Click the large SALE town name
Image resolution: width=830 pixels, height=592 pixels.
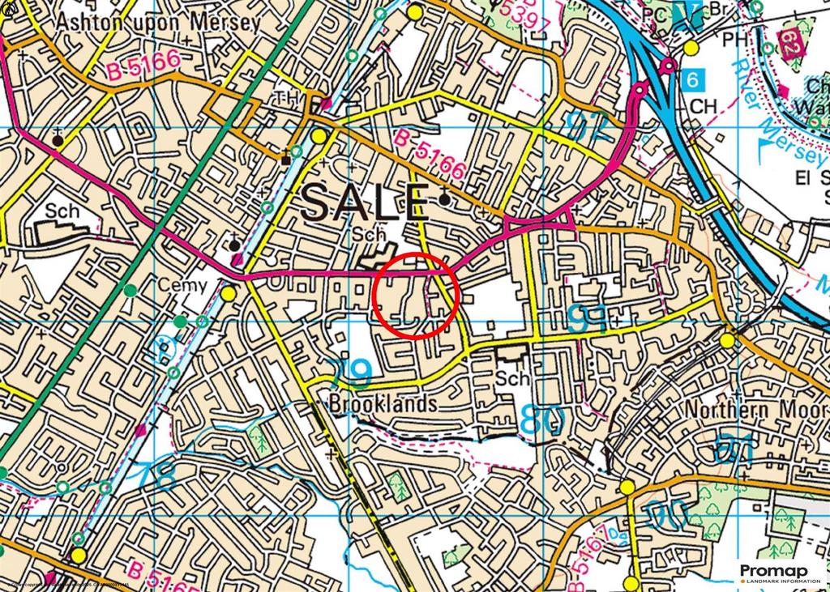pos(365,202)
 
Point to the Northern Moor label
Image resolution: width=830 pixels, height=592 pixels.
pos(756,409)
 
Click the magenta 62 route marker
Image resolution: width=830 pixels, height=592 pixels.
pos(789,42)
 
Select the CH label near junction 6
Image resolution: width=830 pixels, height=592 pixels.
pos(704,106)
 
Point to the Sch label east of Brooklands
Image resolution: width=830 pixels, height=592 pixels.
pos(513,378)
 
